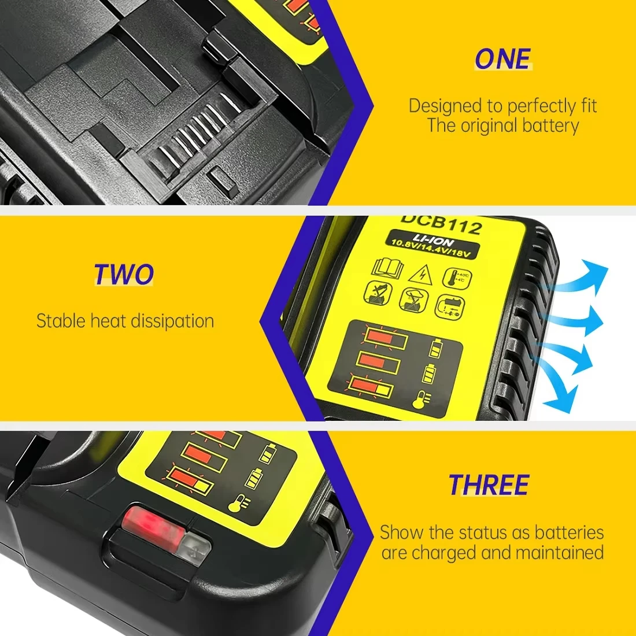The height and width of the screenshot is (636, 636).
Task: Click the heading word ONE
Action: pyautogui.click(x=502, y=59)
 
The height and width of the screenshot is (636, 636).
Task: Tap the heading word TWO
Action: pyautogui.click(x=124, y=274)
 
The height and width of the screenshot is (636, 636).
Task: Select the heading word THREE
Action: pyautogui.click(x=489, y=485)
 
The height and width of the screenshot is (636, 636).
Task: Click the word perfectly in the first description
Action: pyautogui.click(x=542, y=106)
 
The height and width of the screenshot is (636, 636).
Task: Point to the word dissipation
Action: pyautogui.click(x=169, y=321)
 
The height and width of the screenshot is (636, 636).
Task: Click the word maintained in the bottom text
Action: pyautogui.click(x=560, y=552)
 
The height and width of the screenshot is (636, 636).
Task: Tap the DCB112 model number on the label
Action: pyautogui.click(x=441, y=225)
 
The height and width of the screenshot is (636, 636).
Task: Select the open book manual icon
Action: pyautogui.click(x=387, y=267)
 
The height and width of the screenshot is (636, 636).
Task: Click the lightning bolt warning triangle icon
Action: pyautogui.click(x=420, y=274)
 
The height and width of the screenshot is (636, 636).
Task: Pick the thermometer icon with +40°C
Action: pyautogui.click(x=457, y=278)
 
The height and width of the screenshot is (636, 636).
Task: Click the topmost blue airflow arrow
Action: pyautogui.click(x=580, y=276)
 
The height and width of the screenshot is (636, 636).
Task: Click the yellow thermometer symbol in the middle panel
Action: pyautogui.click(x=421, y=400)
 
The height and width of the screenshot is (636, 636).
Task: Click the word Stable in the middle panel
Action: pyautogui.click(x=61, y=321)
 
